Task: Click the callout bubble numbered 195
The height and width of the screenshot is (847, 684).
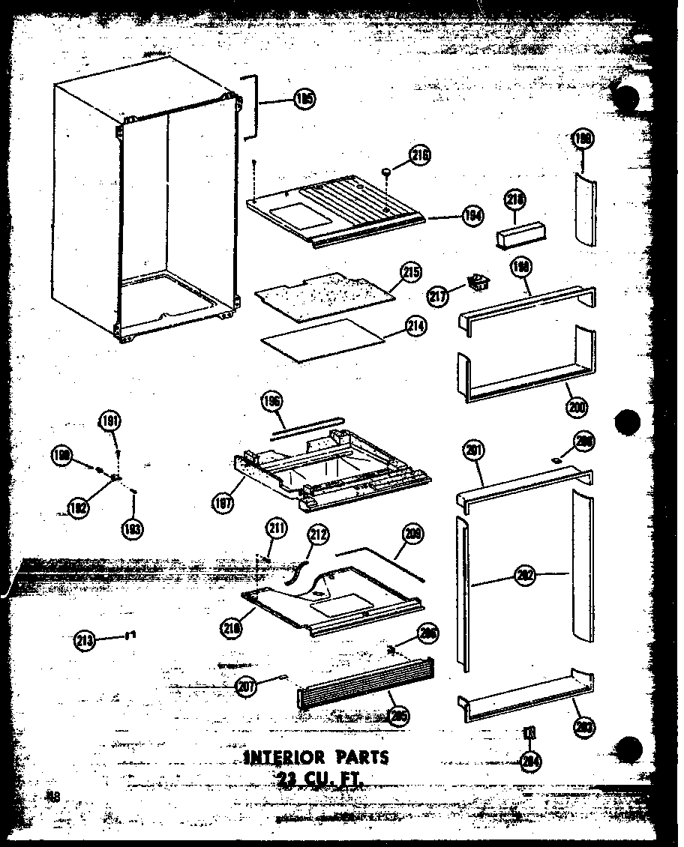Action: [304, 100]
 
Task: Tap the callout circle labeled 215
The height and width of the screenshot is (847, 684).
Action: [410, 272]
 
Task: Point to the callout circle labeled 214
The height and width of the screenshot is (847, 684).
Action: [415, 327]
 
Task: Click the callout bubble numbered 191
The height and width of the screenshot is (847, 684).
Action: [109, 422]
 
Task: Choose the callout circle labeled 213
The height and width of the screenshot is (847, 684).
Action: [85, 641]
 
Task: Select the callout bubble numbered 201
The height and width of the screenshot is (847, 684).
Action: [474, 451]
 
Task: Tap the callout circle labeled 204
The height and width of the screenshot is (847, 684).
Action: [531, 762]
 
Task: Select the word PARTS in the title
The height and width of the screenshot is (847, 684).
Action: [363, 757]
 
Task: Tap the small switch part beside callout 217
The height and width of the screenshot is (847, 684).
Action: [475, 283]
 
